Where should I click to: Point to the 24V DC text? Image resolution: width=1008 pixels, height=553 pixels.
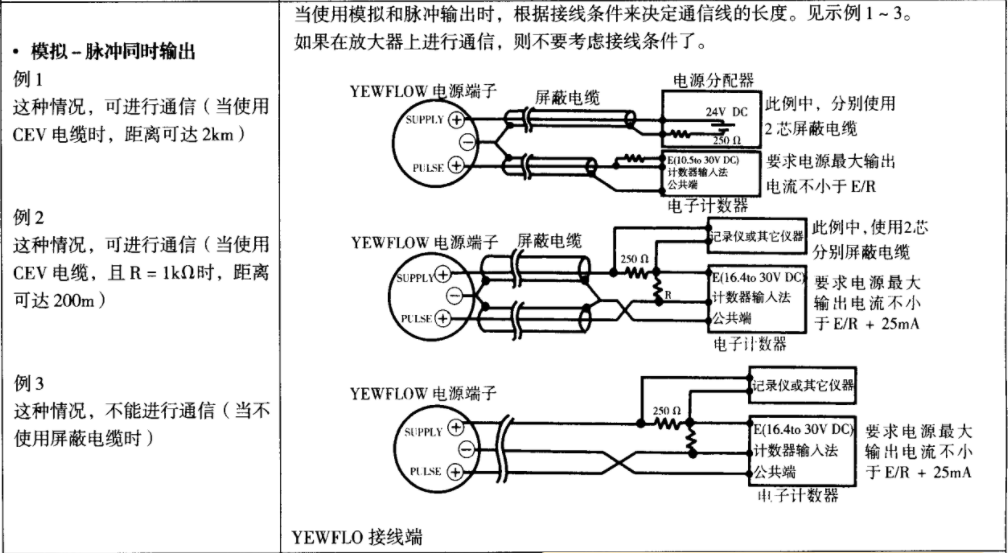tap(726, 110)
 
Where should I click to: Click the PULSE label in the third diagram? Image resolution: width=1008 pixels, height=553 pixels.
tap(426, 471)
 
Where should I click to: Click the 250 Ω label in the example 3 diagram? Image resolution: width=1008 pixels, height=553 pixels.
tap(666, 410)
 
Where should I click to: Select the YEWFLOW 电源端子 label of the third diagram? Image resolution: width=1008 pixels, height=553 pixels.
tap(423, 393)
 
